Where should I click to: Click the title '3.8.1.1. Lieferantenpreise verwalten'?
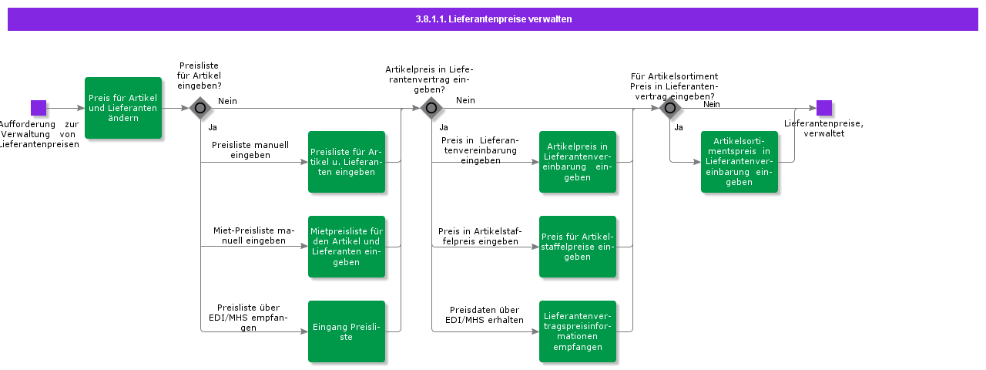point(493,19)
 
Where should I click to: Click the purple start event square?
point(39,108)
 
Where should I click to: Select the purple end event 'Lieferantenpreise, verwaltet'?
point(823,108)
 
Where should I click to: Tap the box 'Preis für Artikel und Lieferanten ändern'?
point(123,108)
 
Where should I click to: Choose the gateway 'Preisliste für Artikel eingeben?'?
point(200,108)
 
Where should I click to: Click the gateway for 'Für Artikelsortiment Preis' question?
point(669,108)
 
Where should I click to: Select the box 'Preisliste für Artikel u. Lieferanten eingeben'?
point(347,162)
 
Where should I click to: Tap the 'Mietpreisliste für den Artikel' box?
point(347,247)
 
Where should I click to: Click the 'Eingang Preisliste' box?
point(347,331)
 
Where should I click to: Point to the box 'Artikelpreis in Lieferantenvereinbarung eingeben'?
point(578,162)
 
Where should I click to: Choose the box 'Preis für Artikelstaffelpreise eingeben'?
point(578,247)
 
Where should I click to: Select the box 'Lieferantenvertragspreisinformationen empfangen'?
point(578,331)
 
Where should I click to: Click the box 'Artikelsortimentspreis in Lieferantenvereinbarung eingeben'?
point(739,162)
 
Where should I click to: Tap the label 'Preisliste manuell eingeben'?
point(250,150)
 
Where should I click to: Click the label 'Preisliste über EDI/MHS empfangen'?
point(244,317)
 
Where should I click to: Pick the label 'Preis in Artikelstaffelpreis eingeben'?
point(478,236)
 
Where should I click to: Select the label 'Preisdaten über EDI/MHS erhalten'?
point(485,314)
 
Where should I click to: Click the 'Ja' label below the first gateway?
point(213,127)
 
